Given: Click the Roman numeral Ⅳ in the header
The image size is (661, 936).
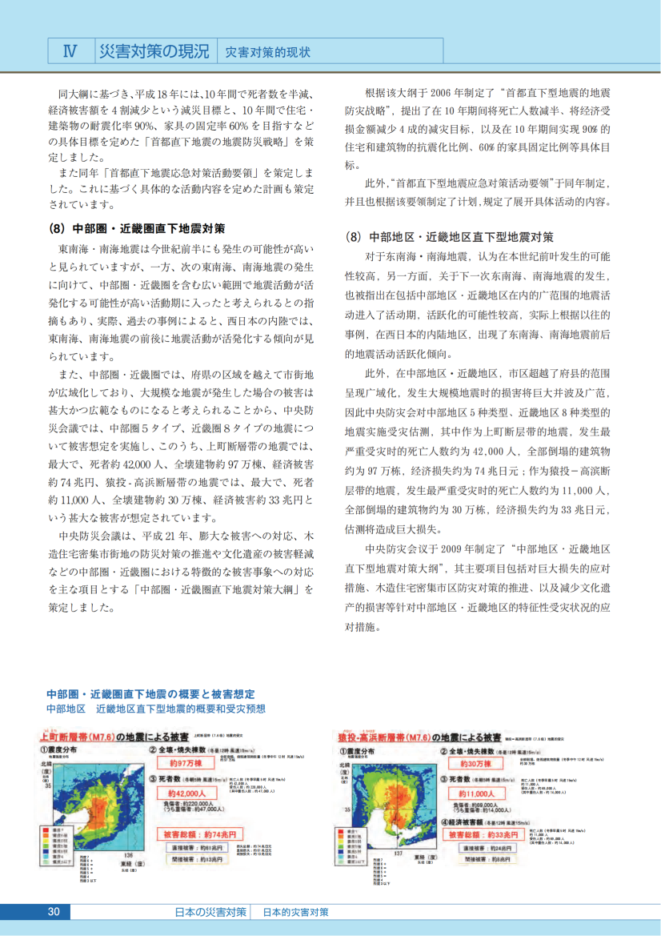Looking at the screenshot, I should coord(70,50).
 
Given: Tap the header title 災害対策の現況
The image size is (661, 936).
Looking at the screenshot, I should coord(153,50).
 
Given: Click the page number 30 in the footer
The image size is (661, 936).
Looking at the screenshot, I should coord(54,913).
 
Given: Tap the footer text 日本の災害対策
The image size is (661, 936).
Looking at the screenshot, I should coord(210,913).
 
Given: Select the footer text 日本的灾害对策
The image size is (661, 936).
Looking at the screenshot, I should coord(295,913).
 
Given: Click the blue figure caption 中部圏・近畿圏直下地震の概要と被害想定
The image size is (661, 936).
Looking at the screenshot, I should coord(151,693).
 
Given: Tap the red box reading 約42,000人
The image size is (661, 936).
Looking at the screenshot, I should coord(186,793).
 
